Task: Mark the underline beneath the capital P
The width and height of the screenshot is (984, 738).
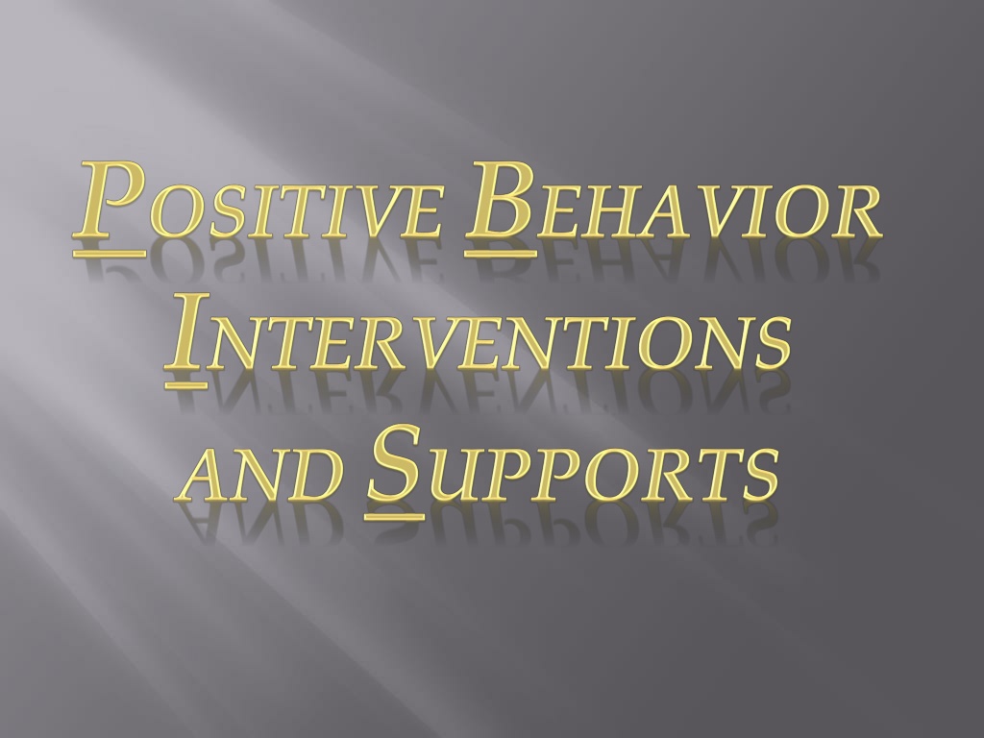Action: click(x=110, y=254)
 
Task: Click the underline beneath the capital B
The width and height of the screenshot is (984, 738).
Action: click(x=501, y=254)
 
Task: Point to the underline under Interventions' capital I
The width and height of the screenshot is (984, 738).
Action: click(x=185, y=384)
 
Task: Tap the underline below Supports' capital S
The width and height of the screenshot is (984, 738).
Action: click(x=394, y=516)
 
